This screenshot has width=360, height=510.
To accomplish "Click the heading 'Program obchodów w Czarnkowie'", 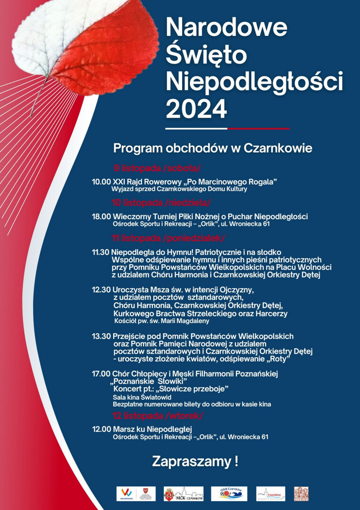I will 212,148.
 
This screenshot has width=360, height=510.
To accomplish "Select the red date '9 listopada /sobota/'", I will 157,168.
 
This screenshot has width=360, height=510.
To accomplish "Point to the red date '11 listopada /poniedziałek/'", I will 168,237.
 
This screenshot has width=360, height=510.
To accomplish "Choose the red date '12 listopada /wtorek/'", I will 158,416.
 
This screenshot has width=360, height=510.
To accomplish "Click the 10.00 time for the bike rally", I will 101,182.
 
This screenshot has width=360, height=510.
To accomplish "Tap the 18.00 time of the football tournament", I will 101,216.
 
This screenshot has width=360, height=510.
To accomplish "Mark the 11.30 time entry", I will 101,252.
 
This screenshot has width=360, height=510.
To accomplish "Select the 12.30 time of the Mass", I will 101,289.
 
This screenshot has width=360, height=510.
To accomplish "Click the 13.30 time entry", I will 101,336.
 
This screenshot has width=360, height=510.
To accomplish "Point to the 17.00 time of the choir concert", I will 101,374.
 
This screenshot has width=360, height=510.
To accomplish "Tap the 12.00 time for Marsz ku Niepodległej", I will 101,429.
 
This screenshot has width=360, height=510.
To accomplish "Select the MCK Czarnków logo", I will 184,494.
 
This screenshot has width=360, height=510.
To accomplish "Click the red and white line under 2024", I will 227,128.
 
